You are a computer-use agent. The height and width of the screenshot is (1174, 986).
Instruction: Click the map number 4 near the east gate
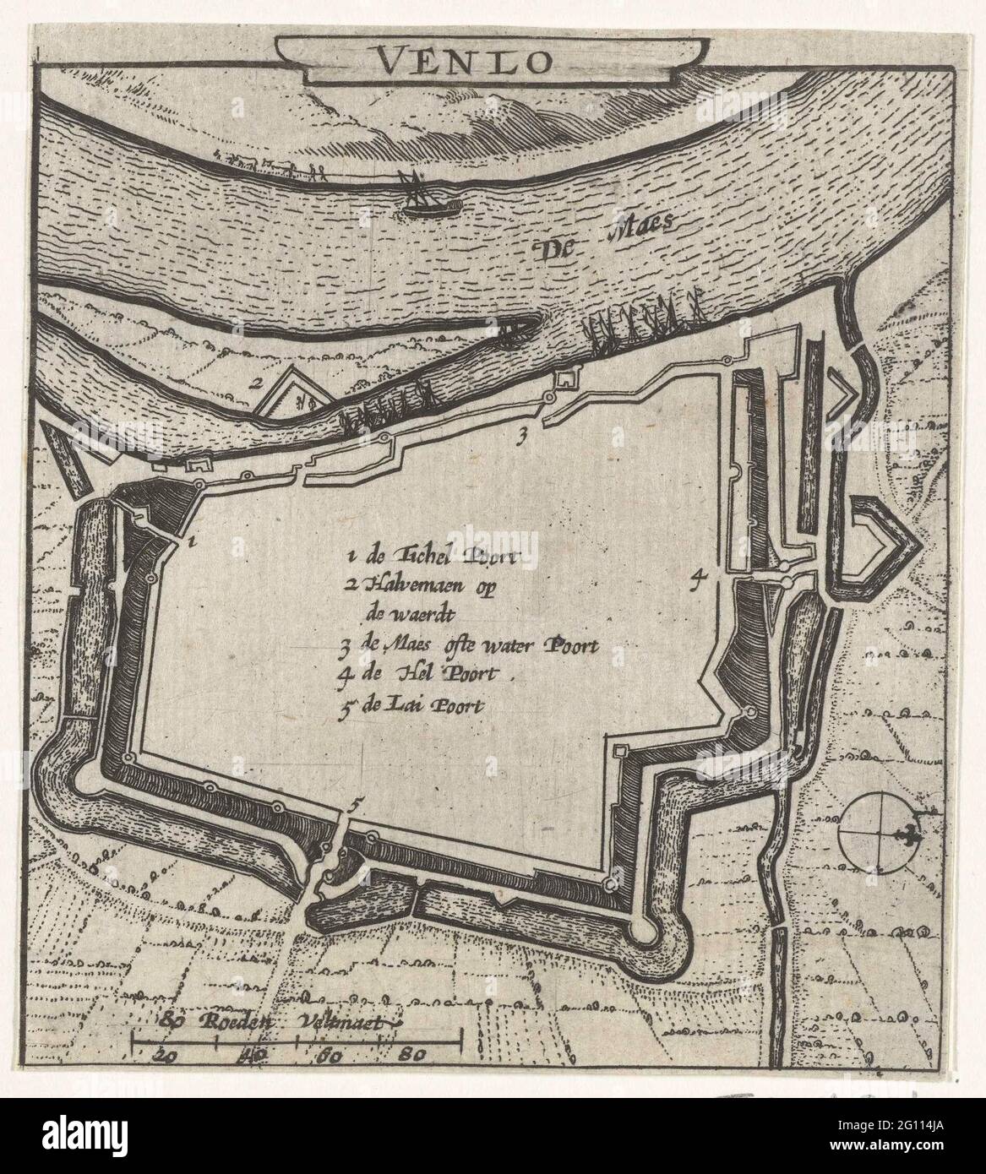point(696,578)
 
